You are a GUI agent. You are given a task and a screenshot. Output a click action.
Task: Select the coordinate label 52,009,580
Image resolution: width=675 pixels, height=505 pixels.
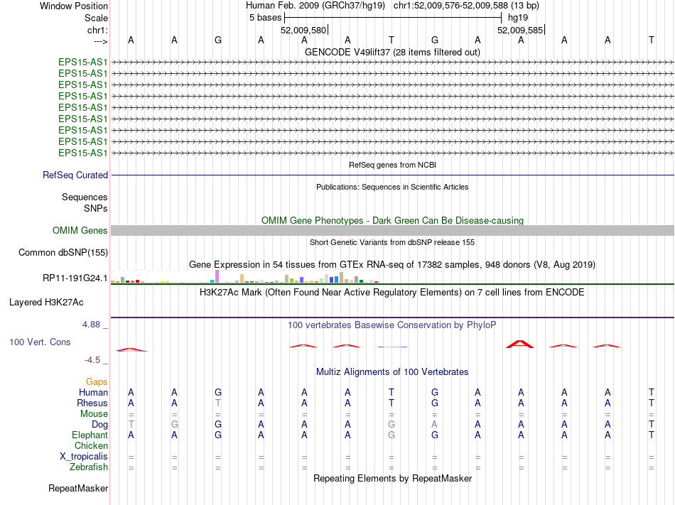pos(303,31)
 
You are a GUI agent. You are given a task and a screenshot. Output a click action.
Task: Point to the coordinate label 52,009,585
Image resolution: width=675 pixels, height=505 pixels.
pos(520,31)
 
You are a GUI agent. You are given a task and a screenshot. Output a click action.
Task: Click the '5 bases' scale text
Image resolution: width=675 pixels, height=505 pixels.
pos(266,18)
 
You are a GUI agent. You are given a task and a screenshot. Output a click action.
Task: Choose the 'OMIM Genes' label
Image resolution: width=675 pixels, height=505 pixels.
pos(80,231)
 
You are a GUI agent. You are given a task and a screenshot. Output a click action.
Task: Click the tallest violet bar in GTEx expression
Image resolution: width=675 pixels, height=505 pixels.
pos(217,276)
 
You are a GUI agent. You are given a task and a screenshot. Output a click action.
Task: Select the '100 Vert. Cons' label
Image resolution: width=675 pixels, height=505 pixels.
pos(40,342)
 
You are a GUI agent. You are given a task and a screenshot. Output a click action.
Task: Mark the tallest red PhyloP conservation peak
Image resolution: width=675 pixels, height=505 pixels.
pos(520,344)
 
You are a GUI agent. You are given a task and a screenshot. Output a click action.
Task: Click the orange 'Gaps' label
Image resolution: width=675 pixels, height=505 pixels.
pos(97,382)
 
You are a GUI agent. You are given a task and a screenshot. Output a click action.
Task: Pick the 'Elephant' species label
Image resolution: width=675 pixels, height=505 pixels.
pos(90,435)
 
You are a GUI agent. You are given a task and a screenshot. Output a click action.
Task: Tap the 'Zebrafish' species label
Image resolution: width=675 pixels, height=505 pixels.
pos(89,467)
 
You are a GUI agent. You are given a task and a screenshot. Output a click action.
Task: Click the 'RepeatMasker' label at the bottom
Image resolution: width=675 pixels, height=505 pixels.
pos(78,489)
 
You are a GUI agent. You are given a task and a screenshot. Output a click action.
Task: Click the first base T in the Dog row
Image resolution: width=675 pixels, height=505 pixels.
pos(131,425)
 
